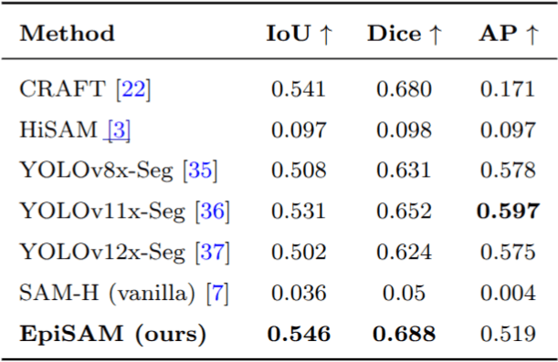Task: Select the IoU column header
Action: [300, 35]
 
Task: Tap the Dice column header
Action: [405, 35]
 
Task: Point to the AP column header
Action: [508, 35]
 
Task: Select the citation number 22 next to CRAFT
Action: [133, 89]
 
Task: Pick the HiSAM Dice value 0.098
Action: [405, 130]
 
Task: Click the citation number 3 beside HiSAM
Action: [120, 130]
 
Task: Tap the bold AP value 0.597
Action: [509, 212]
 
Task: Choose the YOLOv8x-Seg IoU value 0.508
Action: [300, 171]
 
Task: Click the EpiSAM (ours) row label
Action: [112, 334]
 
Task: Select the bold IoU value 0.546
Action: [300, 334]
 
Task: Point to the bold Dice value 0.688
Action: [405, 334]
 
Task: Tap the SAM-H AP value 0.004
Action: [509, 294]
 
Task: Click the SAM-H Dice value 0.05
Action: [405, 294]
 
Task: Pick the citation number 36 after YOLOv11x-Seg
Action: [213, 212]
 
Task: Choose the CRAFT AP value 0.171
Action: [509, 89]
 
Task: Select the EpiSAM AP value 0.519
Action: [509, 334]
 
